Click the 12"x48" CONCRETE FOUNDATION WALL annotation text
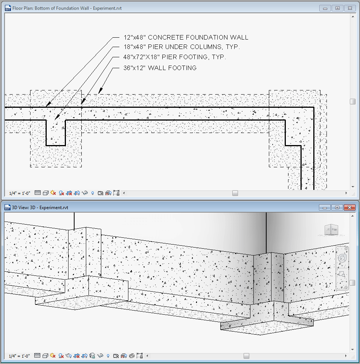click(x=186, y=37)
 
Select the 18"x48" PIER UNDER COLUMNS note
click(x=182, y=47)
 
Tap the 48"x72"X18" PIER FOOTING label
click(x=175, y=57)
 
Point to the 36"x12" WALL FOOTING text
click(x=160, y=68)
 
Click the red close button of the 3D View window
click(x=350, y=207)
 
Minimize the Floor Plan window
click(x=325, y=8)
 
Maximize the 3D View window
click(x=337, y=207)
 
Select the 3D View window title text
click(x=40, y=207)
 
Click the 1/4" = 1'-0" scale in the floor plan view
click(x=20, y=193)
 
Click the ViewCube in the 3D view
click(x=332, y=230)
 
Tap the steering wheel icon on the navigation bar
click(x=342, y=258)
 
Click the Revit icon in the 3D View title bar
click(x=8, y=207)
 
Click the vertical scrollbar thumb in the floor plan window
click(x=352, y=102)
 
